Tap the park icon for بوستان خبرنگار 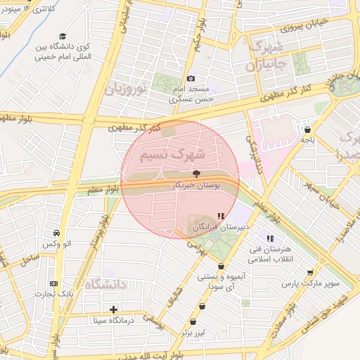tap(196, 174)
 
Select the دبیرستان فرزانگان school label tap(219, 229)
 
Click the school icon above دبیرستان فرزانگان tap(220, 216)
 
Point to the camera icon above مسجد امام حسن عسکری tap(191, 79)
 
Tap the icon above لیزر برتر tap(203, 307)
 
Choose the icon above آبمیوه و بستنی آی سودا tap(221, 266)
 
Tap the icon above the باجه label tap(308, 129)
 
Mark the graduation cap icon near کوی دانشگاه tap(63, 36)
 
